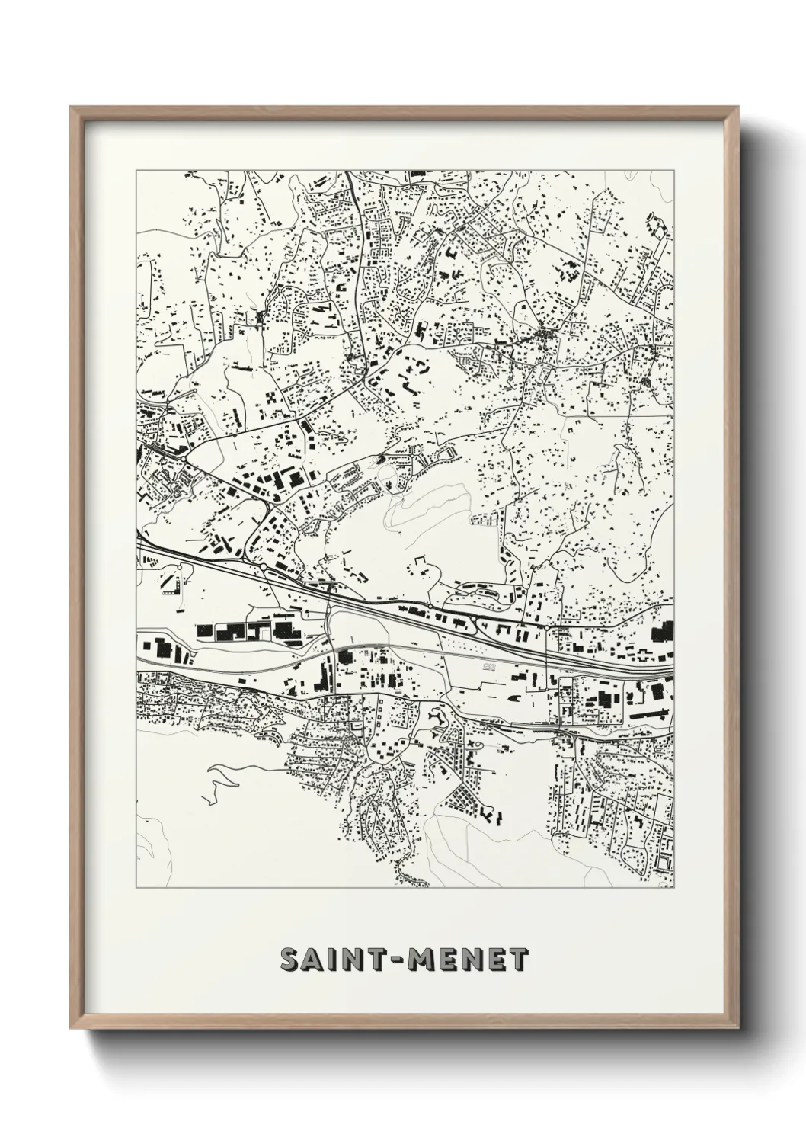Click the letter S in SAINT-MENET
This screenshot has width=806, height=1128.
tap(290, 960)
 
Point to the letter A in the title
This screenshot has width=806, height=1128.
tap(313, 960)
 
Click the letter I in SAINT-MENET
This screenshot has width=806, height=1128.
tap(331, 960)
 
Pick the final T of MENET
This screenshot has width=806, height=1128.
tap(518, 960)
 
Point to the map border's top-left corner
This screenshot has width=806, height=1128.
tap(136, 171)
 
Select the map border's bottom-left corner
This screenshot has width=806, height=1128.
tap(136, 889)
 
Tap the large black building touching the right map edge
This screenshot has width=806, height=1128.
tap(664, 632)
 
